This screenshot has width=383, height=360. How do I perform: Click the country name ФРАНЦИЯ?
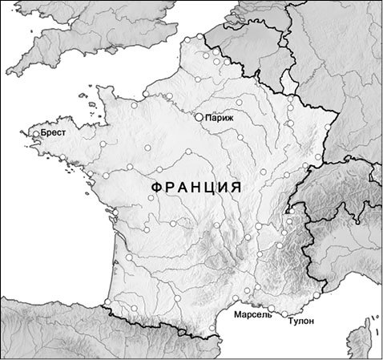196,187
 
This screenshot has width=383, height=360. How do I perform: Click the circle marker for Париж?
200,117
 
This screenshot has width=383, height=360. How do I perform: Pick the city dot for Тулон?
284,313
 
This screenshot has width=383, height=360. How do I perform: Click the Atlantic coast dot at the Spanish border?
108,304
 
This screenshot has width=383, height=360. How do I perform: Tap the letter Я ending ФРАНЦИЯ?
236,187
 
